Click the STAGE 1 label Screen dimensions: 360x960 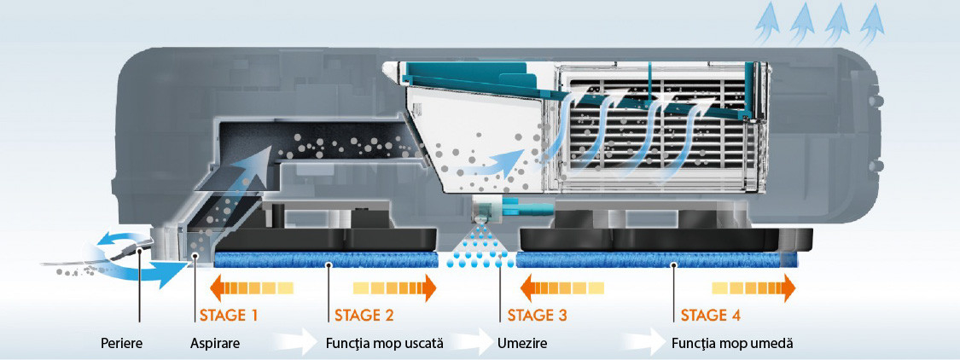229,315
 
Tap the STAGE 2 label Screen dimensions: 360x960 364,315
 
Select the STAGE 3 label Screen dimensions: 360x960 538,315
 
